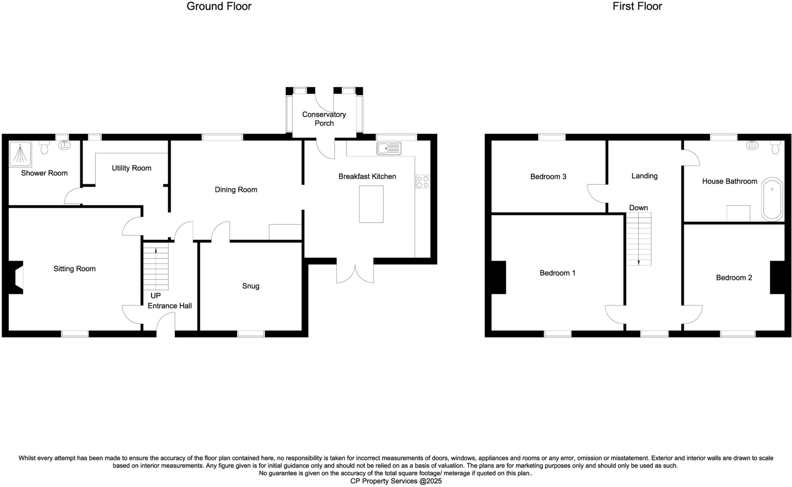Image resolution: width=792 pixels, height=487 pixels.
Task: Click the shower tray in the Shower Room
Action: coord(20,154)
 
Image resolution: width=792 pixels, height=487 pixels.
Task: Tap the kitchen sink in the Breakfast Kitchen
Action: coord(389,148)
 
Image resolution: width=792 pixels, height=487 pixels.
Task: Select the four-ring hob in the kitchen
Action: coord(422,182)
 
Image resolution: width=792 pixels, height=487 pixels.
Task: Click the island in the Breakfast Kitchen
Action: coord(371,204)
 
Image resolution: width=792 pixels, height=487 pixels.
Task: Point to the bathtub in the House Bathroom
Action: coord(772,199)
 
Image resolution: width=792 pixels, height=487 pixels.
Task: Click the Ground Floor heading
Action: coord(219,7)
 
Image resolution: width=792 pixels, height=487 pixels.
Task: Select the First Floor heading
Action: coord(637,7)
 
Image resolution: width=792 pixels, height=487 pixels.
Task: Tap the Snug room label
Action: coord(251,286)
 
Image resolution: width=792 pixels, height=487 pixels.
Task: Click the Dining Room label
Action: coord(236,190)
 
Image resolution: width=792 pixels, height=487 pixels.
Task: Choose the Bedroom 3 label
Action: coord(548,177)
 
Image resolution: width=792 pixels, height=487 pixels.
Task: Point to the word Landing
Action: coord(644,176)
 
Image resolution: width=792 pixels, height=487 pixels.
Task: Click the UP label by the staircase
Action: coord(155,296)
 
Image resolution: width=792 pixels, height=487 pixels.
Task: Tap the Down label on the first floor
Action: coord(638,208)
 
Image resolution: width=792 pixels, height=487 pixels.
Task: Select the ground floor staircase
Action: coord(156,266)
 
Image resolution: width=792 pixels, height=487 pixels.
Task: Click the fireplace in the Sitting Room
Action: coord(15,277)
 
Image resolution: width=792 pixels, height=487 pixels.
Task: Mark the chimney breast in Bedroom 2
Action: coord(777,278)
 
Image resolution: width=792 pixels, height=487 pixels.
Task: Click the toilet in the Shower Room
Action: coord(44,147)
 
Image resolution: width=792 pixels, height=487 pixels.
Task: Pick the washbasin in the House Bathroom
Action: coord(752,145)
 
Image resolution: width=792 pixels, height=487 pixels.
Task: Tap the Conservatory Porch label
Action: coord(324,119)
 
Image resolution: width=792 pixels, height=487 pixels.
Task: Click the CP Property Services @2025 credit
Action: coord(396,481)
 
